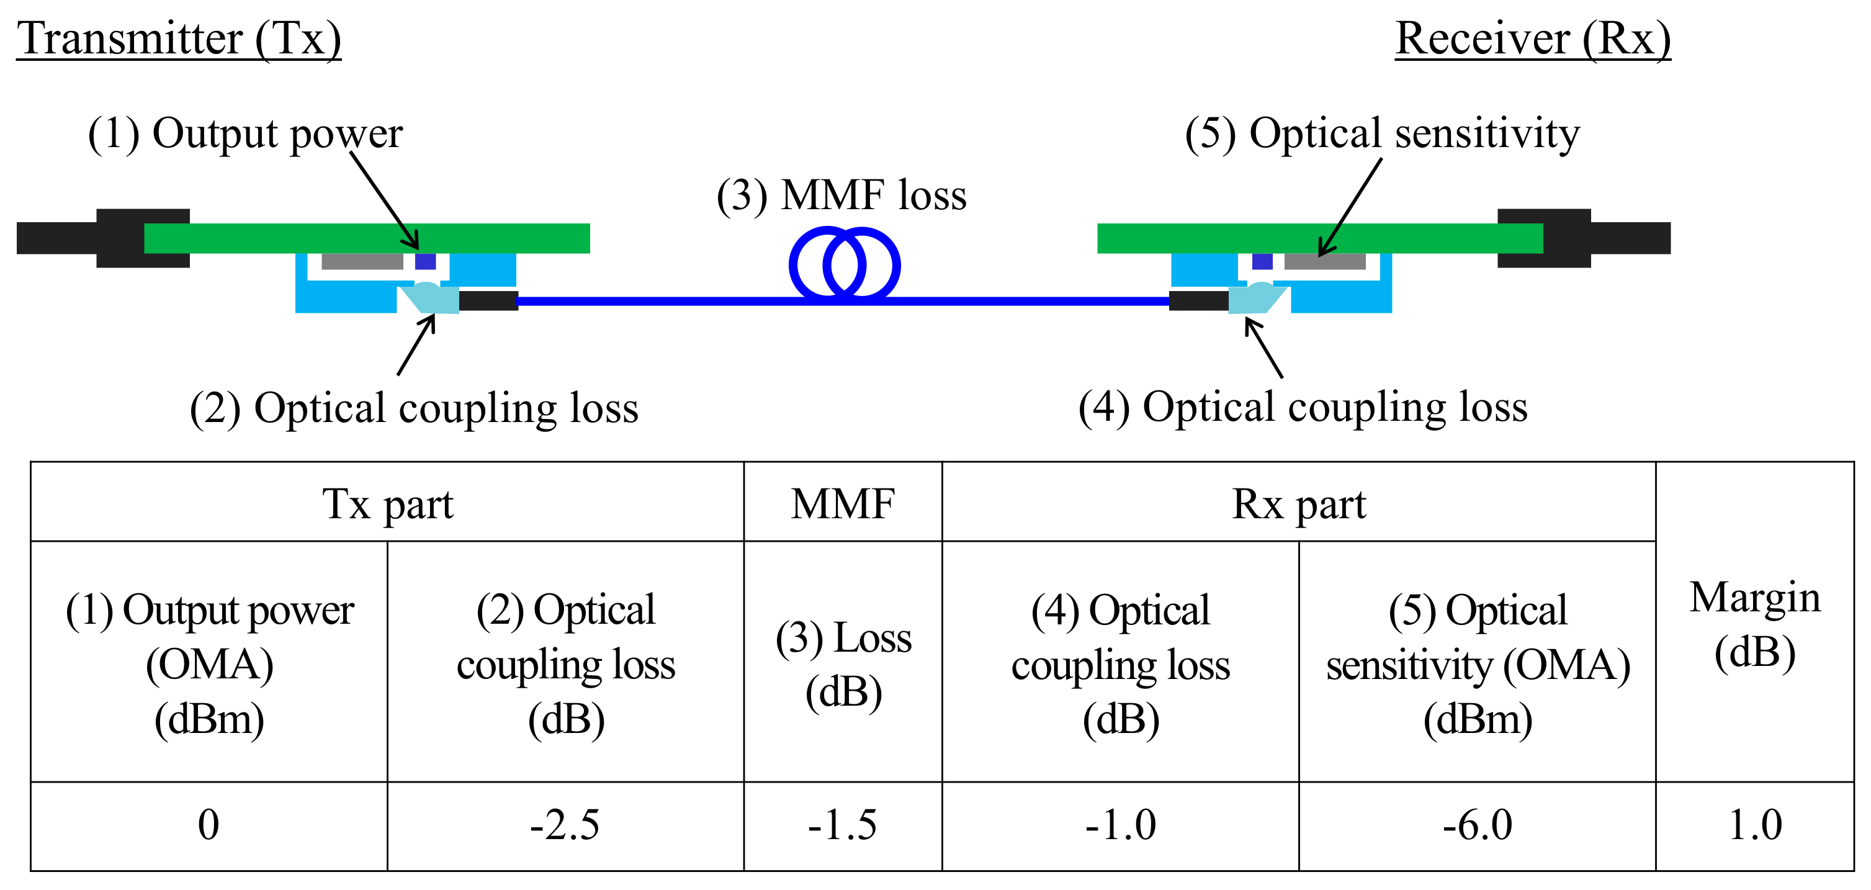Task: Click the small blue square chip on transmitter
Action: click(x=425, y=261)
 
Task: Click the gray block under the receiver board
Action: click(x=1324, y=261)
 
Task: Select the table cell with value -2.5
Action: click(x=565, y=825)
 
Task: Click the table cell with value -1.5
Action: click(x=843, y=825)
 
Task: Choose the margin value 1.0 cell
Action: click(x=1754, y=825)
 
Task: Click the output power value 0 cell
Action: click(x=209, y=825)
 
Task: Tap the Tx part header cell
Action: click(x=387, y=503)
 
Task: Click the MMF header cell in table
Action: click(x=843, y=503)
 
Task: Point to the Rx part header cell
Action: click(x=1298, y=503)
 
